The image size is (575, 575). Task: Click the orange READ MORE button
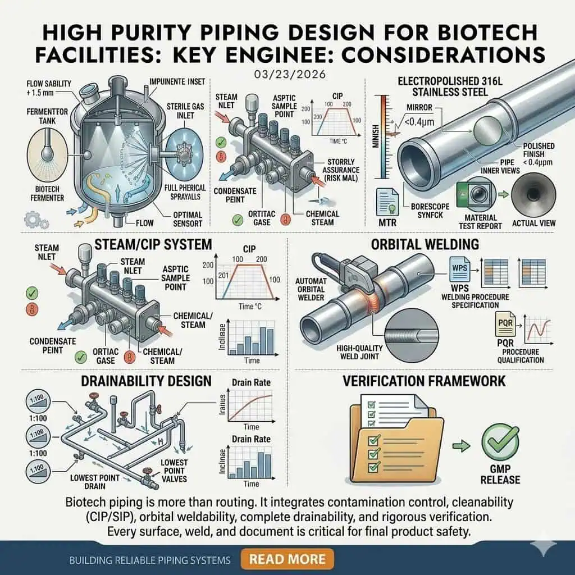pos(286,559)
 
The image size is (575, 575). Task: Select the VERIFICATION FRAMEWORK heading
pos(425,381)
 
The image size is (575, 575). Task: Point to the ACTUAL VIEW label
pos(533,223)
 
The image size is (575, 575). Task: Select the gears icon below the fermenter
pos(32,217)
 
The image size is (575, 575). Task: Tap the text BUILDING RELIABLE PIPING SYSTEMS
pos(150,560)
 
